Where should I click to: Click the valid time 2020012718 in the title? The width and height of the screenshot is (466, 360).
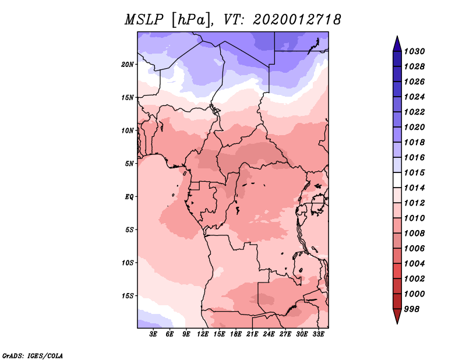[297, 20]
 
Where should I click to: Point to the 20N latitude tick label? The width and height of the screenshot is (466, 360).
[128, 64]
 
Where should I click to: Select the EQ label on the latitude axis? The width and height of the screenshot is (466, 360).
[129, 197]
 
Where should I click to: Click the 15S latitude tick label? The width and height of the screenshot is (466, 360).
[128, 296]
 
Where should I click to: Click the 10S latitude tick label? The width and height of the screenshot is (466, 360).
[128, 263]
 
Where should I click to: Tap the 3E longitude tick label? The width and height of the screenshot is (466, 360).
[154, 334]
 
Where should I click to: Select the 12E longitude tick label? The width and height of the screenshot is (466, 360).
[203, 334]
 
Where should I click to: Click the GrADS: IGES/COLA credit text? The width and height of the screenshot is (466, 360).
[32, 355]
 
